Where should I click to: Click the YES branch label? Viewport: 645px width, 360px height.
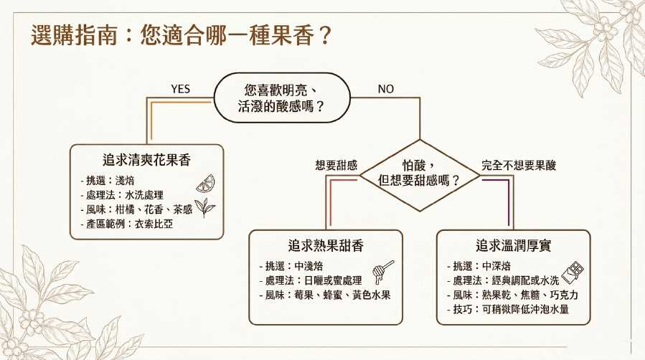pos(180,89)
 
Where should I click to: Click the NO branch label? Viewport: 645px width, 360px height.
pos(386,89)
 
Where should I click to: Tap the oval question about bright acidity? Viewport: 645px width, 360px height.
pos(282,98)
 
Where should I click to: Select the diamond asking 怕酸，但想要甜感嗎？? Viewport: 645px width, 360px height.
pos(420,176)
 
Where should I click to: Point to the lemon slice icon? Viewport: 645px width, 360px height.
pos(206,184)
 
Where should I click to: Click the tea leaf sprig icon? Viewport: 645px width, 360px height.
pos(204,207)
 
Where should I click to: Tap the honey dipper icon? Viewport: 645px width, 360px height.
pos(382,272)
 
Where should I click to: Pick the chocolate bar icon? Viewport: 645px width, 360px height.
pos(573,272)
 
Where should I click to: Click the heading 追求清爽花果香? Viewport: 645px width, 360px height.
pos(146,160)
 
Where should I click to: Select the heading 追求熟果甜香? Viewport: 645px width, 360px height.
pos(326,245)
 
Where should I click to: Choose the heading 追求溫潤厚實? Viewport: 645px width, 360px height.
pos(514,245)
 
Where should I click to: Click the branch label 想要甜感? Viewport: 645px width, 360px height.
pos(336,165)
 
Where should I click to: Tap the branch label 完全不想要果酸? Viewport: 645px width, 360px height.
pos(519,165)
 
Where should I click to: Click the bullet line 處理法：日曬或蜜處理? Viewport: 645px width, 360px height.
pos(311,280)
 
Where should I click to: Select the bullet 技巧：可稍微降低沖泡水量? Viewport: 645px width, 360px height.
pos(508,309)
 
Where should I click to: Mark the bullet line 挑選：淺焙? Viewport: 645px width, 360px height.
pos(108,181)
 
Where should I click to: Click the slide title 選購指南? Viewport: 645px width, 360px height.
pos(75,35)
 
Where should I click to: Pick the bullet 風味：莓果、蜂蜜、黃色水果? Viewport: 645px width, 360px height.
pos(325,295)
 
